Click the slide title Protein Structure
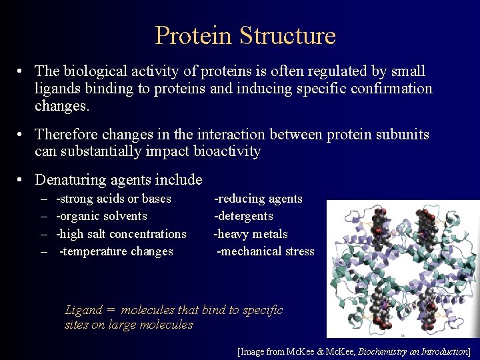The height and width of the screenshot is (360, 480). tap(245, 35)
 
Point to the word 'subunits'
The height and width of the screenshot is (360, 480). tap(401, 135)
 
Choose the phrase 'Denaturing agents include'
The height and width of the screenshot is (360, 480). tap(118, 180)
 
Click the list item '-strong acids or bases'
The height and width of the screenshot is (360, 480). tap(113, 199)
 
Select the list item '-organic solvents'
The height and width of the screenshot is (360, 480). tap(101, 216)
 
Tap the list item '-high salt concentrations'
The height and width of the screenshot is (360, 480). tap(121, 234)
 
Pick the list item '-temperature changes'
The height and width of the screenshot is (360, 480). tap(116, 251)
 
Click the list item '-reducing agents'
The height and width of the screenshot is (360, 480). tap(258, 199)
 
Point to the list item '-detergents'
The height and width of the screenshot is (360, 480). tap(243, 216)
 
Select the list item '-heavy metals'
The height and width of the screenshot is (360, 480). tap(251, 234)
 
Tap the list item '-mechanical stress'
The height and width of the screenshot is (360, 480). tap(265, 251)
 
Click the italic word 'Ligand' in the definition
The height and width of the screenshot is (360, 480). tap(83, 310)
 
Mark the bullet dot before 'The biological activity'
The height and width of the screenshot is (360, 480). tap(22, 71)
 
